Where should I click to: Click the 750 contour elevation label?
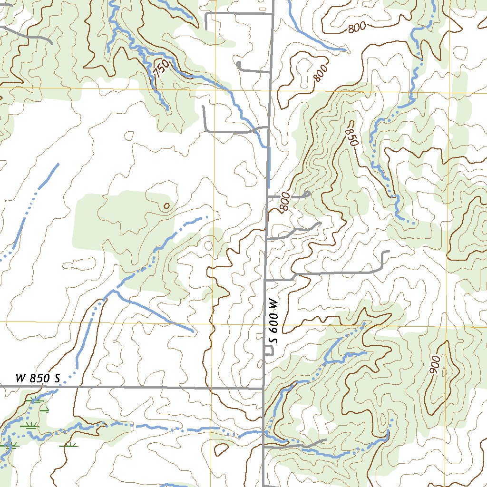(x=161, y=70)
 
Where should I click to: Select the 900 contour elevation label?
(x=435, y=364)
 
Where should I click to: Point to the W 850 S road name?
(x=38, y=379)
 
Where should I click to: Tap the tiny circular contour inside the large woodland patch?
(x=166, y=206)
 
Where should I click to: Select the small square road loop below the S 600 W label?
(x=269, y=351)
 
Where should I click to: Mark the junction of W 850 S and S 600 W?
(x=263, y=388)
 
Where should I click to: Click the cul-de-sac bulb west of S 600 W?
(x=238, y=63)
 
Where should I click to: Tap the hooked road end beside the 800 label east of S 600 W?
(x=309, y=194)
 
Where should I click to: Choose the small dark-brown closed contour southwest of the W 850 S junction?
(x=221, y=449)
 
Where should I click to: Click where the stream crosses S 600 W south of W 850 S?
(x=263, y=432)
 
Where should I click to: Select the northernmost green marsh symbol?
(x=34, y=399)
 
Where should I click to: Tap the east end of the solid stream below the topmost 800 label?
(x=344, y=49)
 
